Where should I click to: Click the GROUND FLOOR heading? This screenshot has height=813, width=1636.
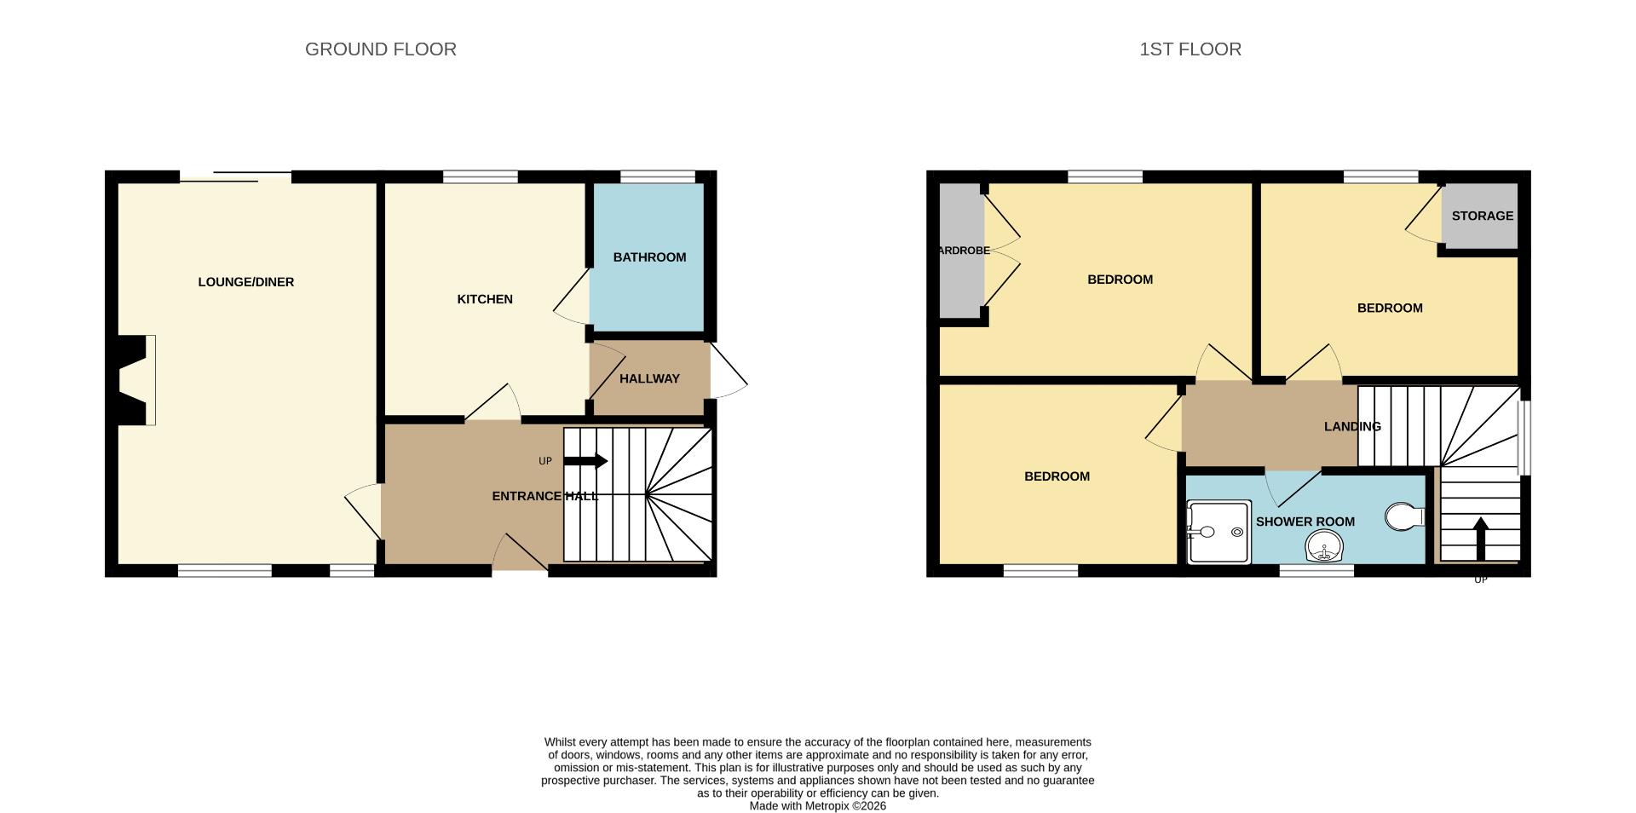point(380,49)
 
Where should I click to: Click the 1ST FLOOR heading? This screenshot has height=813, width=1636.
point(1190,49)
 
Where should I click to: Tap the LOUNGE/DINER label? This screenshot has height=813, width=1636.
point(245,282)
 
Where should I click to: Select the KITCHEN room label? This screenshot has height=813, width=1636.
point(485,299)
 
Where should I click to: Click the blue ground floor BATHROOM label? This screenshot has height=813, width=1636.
point(649,257)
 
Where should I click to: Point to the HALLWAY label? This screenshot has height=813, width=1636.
point(649,378)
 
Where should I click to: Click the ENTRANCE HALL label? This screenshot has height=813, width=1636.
point(544,496)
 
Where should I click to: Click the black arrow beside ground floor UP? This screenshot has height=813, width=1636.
point(585,461)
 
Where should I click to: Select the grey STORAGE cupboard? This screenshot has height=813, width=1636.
point(1482,216)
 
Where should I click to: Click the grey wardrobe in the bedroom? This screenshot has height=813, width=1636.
point(961,251)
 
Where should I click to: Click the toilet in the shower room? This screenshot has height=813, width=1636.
point(1403,516)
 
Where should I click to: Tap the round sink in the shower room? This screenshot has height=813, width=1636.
point(1323,545)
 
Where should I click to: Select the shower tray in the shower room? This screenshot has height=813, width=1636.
point(1218,533)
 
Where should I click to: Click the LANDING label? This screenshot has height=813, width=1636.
point(1352,426)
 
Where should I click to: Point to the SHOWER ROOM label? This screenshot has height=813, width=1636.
point(1305,522)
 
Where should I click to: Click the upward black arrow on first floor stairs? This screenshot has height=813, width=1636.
point(1480,537)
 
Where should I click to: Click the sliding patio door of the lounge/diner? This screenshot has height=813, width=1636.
point(234,177)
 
